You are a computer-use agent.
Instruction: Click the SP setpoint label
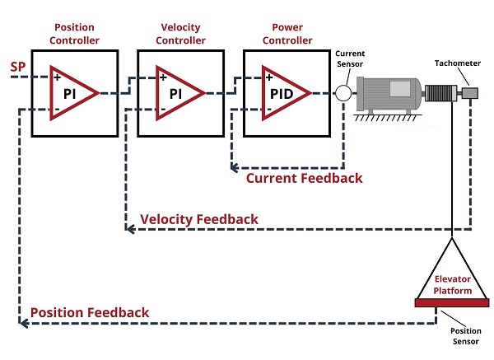click(x=17, y=67)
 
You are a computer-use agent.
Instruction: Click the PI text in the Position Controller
click(x=70, y=94)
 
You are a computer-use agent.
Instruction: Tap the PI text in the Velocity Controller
click(x=176, y=94)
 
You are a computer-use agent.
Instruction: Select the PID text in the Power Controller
click(x=282, y=94)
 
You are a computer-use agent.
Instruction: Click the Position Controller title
click(x=74, y=34)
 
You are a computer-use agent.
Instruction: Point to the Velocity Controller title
click(x=180, y=34)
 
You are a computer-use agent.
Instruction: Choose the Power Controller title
click(x=287, y=34)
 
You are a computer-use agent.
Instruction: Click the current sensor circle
click(x=343, y=93)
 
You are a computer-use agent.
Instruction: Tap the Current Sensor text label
click(x=350, y=58)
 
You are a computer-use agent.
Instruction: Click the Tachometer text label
click(x=458, y=63)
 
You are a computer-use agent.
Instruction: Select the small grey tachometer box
click(x=470, y=93)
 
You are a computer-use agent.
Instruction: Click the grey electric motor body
click(x=389, y=94)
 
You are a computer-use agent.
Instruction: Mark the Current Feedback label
click(x=305, y=178)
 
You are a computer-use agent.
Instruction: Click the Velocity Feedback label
click(x=199, y=219)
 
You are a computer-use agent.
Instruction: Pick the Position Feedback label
click(x=90, y=312)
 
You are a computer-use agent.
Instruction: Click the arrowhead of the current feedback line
click(x=234, y=168)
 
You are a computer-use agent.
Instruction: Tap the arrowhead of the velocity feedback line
click(x=130, y=229)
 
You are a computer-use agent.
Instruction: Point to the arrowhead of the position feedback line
click(x=24, y=323)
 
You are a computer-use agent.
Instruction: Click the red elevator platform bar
click(x=452, y=303)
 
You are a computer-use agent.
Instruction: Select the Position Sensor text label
click(x=466, y=336)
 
